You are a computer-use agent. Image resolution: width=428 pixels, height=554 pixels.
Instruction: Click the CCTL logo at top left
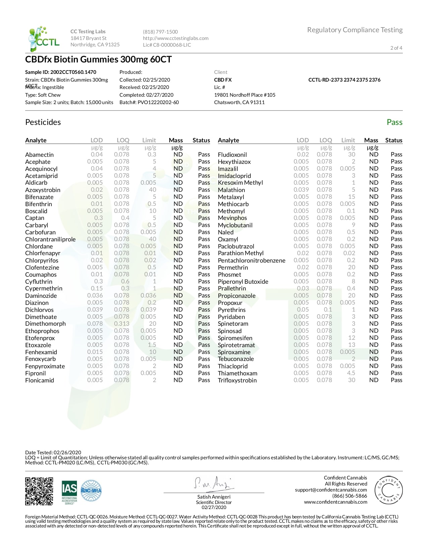pyautogui.click(x=44, y=39)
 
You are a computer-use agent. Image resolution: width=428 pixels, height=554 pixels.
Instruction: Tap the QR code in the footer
pyautogui.click(x=39, y=491)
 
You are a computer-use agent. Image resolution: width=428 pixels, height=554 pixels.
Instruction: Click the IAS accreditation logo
pyautogui.click(x=69, y=492)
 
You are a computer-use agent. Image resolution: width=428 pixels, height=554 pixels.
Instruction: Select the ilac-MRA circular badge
pyautogui.click(x=91, y=491)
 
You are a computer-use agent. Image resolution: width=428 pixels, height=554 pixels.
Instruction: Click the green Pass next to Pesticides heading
pyautogui.click(x=394, y=122)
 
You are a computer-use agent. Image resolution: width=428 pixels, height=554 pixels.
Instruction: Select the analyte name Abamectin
pyautogui.click(x=39, y=155)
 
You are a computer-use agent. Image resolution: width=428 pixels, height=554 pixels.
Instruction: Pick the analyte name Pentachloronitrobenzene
pyautogui.click(x=251, y=261)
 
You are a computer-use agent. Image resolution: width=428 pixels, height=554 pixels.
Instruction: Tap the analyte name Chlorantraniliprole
pyautogui.click(x=50, y=239)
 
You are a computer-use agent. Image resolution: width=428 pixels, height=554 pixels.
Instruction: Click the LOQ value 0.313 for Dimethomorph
pyautogui.click(x=122, y=324)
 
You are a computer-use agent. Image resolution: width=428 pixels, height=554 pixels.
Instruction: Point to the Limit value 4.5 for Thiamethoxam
pyautogui.click(x=351, y=373)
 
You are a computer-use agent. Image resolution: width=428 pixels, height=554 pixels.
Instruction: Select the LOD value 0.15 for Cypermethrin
pyautogui.click(x=97, y=288)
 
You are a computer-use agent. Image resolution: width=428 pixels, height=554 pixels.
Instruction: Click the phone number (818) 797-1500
pyautogui.click(x=160, y=32)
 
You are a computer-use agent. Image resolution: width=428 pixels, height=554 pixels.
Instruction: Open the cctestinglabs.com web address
pyautogui.click(x=176, y=38)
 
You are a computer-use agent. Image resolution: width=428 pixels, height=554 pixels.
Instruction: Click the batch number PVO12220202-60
pyautogui.click(x=158, y=102)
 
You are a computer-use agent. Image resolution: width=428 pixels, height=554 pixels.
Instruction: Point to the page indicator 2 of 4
pyautogui.click(x=396, y=48)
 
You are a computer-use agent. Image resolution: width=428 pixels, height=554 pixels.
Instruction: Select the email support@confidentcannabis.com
pyautogui.click(x=331, y=490)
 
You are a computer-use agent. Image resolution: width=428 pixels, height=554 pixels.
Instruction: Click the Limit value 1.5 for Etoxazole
pyautogui.click(x=152, y=345)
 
